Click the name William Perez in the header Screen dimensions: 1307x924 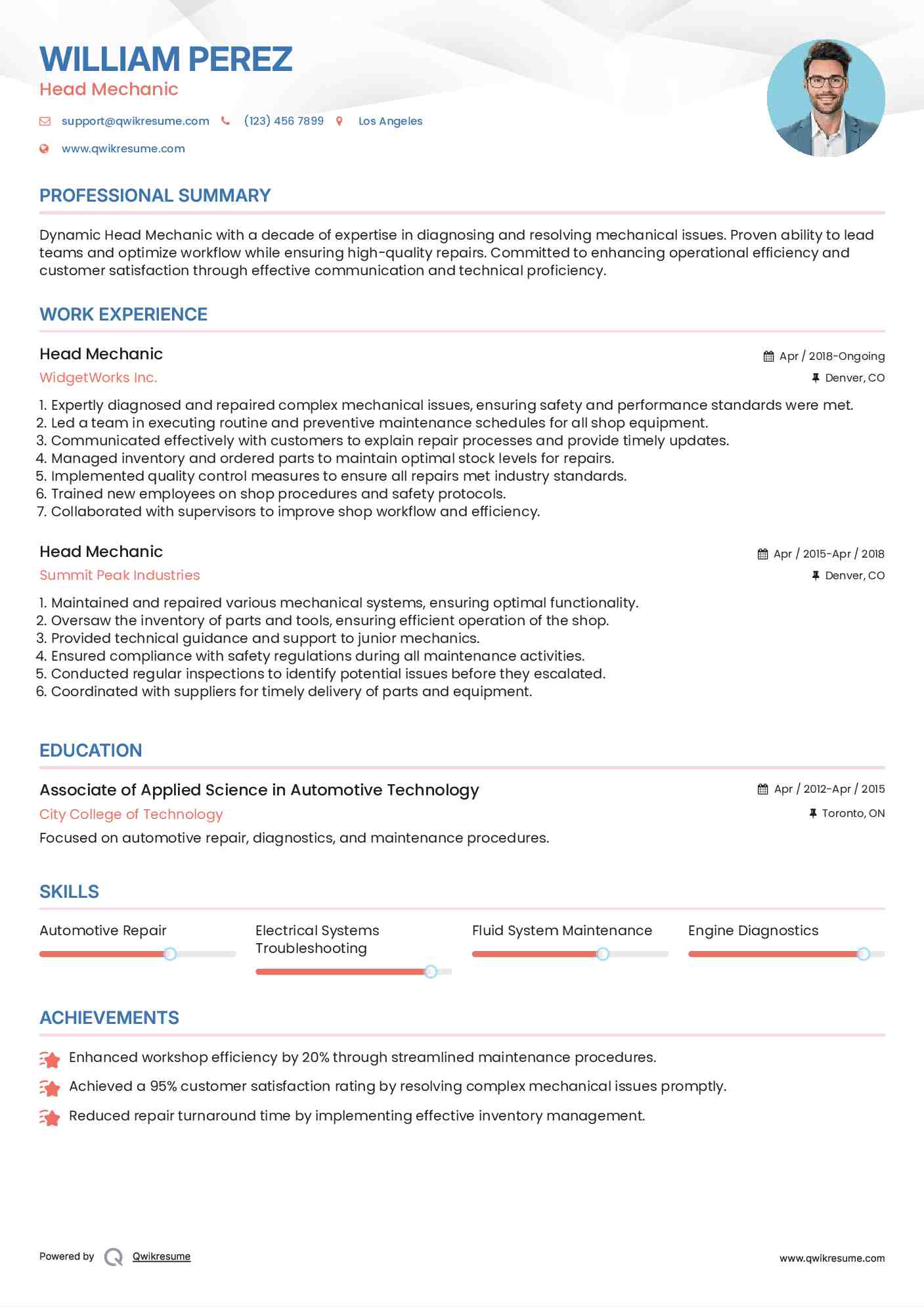165,59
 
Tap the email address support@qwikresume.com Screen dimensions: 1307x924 135,121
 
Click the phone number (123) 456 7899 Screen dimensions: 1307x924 284,121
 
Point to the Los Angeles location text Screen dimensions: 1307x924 390,121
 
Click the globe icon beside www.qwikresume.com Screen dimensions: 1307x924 44,149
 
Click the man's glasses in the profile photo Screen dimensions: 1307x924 825,82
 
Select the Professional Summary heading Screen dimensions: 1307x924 155,196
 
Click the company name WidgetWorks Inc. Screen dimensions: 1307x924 98,378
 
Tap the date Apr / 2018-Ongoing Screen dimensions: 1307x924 831,356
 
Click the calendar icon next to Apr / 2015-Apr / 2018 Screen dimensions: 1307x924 762,554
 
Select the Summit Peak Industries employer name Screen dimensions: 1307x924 120,575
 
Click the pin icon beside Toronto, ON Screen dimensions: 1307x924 813,813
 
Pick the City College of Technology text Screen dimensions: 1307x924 131,814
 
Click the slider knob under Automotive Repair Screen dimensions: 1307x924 170,954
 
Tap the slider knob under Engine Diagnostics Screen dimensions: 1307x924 864,954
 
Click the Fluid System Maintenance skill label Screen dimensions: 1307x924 561,931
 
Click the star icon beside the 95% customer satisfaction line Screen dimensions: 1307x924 50,1088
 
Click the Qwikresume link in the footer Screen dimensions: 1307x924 162,1256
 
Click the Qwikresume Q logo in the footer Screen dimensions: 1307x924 114,1256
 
